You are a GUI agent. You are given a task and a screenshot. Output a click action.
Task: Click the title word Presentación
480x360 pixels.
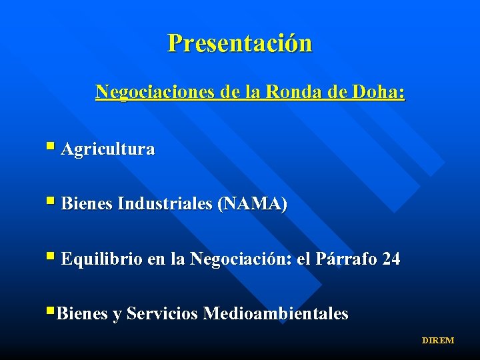239,43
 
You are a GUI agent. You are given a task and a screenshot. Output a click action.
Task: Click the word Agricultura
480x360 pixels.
107,149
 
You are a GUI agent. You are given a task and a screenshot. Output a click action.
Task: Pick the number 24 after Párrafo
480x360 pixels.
391,259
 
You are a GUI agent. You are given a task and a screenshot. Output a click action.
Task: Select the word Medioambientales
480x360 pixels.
275,313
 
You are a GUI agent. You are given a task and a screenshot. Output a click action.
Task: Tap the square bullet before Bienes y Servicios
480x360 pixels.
51,310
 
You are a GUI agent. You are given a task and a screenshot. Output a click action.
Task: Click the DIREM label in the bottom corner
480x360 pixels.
437,341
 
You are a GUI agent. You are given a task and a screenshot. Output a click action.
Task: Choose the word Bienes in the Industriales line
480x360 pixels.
87,204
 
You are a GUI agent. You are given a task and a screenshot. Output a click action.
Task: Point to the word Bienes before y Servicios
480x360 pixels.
83,313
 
